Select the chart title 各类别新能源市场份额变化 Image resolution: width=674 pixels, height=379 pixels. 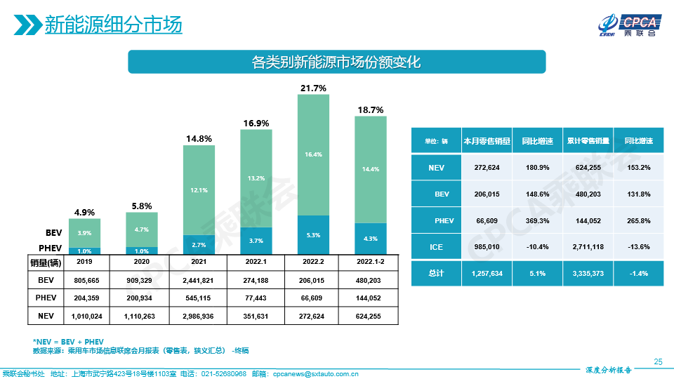pyautogui.click(x=336, y=62)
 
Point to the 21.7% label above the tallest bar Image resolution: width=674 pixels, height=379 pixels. pyautogui.click(x=313, y=88)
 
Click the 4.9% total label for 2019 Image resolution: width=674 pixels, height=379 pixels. pyautogui.click(x=84, y=212)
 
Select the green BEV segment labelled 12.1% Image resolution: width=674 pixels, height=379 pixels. pyautogui.click(x=199, y=190)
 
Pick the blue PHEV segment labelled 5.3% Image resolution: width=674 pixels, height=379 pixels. pyautogui.click(x=313, y=234)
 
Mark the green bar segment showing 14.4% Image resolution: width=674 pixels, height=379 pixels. pyautogui.click(x=370, y=169)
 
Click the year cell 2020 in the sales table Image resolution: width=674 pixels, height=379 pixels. pyautogui.click(x=141, y=262)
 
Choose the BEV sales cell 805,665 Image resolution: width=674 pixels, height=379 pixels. pyautogui.click(x=84, y=279)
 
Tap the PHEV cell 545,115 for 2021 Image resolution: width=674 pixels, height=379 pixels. pyautogui.click(x=199, y=298)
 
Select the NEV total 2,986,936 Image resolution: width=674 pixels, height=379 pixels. pyautogui.click(x=199, y=317)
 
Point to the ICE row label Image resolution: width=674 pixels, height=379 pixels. pyautogui.click(x=436, y=247)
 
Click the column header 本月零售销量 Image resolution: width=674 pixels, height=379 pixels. pyautogui.click(x=485, y=140)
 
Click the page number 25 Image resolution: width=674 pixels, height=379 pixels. pyautogui.click(x=658, y=361)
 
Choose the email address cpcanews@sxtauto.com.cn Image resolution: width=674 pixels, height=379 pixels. pyautogui.click(x=315, y=373)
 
